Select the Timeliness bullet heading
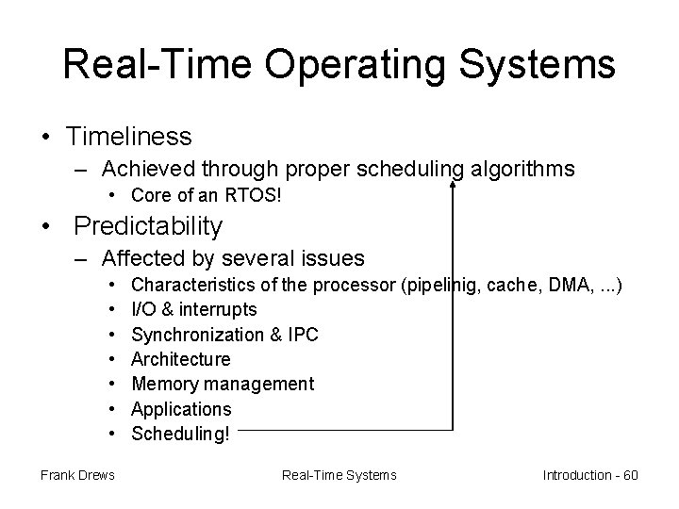129,137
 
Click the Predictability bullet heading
148,226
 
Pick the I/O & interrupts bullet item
193,309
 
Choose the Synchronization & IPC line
224,335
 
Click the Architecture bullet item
180,359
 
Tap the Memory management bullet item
223,384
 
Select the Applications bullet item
181,409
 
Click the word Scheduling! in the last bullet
180,434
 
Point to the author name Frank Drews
77,475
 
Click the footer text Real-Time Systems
339,475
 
